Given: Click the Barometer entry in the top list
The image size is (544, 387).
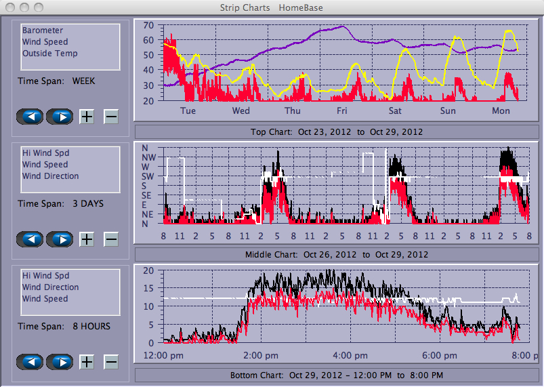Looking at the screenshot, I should [x=43, y=30].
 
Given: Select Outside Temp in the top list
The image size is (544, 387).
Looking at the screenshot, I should [x=49, y=54].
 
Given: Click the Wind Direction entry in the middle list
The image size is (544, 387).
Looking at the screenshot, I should [x=50, y=176].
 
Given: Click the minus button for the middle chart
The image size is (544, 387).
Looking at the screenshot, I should [x=111, y=239].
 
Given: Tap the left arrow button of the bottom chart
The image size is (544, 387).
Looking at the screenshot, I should [x=30, y=362].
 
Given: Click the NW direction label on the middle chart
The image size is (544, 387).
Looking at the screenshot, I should [x=148, y=157].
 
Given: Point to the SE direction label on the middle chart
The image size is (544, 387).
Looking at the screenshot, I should [x=148, y=195].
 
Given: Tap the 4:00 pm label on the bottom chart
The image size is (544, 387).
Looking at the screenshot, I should [x=350, y=355].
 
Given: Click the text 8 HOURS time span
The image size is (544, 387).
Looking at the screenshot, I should [x=91, y=326].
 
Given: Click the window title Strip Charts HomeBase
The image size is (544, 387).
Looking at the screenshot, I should [x=271, y=8].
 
